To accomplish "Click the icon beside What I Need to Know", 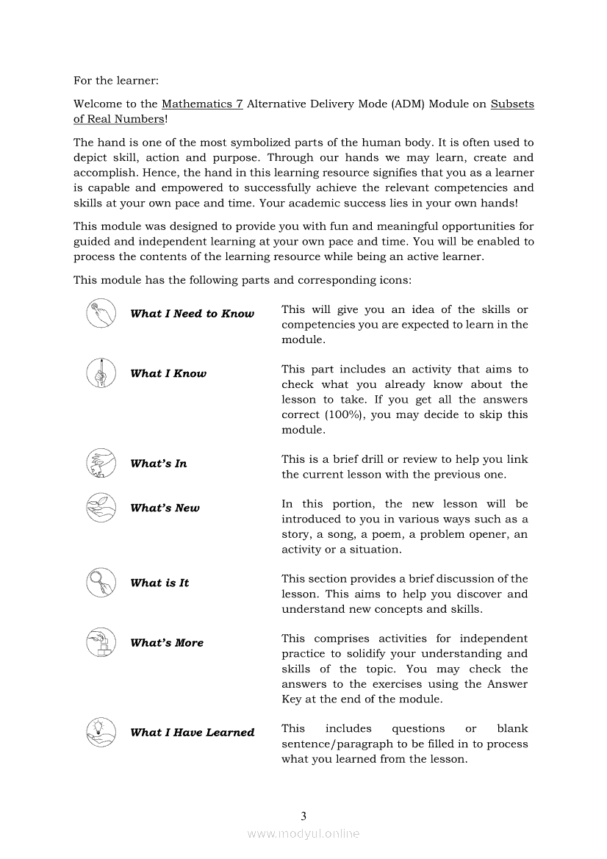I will (101, 314).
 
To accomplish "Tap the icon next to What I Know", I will (101, 373).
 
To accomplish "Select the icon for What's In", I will (101, 463).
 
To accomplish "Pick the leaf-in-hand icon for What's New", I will (101, 508).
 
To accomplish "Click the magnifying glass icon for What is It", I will (101, 583).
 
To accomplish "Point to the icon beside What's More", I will (101, 642).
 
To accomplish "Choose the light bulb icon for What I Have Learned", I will (101, 732).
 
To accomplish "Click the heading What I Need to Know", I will (192, 314).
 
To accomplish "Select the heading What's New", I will (165, 508).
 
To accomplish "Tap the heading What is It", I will (159, 583).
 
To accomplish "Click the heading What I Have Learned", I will (192, 732).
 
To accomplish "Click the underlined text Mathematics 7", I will (202, 104).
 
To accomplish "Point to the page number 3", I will (303, 816).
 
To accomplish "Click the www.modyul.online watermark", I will (303, 833).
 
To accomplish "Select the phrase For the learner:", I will (116, 80).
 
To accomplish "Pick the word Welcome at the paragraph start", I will (97, 104).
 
